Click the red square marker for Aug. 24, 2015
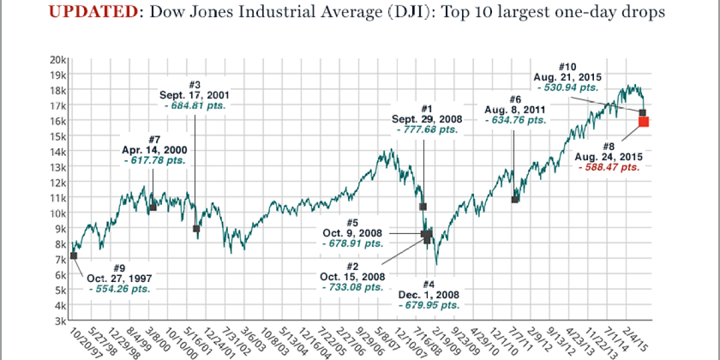click(644, 122)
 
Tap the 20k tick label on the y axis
click(58, 59)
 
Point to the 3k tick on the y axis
click(60, 321)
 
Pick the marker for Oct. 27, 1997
click(74, 256)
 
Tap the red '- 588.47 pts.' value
click(609, 167)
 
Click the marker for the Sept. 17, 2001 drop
click(196, 229)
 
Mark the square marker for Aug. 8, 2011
click(515, 199)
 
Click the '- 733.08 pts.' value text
click(353, 287)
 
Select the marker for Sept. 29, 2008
click(423, 206)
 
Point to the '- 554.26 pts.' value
click(119, 289)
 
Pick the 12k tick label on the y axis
click(58, 182)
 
